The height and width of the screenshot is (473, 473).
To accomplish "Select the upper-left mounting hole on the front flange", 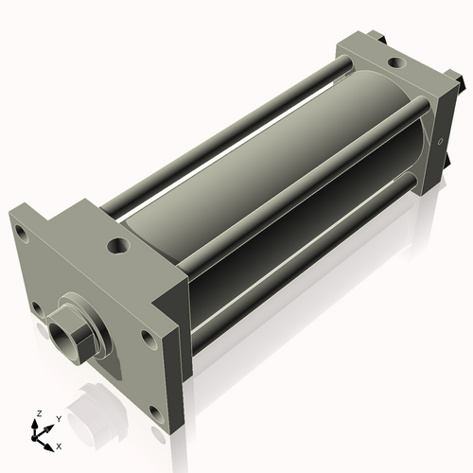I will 20,227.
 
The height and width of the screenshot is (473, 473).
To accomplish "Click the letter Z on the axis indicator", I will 38,413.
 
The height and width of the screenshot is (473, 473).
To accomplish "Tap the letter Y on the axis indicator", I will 59,417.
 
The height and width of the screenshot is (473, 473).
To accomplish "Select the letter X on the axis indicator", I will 60,445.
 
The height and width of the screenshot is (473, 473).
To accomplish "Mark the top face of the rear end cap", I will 388,71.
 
